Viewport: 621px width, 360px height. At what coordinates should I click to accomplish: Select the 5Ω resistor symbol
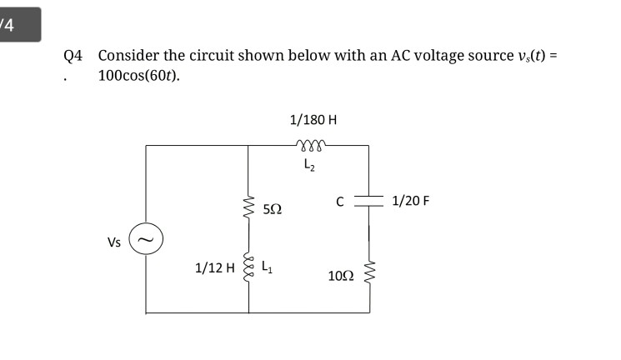(248, 204)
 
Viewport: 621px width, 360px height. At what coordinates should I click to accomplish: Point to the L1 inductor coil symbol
(248, 267)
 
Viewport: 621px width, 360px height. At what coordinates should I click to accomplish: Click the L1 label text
(267, 267)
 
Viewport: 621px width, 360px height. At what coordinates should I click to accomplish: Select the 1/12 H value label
(213, 268)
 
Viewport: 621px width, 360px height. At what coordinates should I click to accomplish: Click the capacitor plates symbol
(368, 202)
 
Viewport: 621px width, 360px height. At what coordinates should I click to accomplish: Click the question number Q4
(73, 56)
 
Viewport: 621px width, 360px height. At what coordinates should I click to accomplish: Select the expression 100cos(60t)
(138, 76)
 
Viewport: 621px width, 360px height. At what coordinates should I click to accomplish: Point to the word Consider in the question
(128, 56)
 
